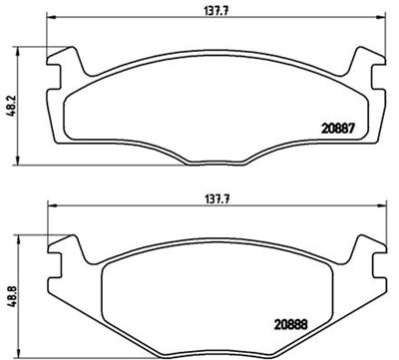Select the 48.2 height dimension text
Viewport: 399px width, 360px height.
(x=9, y=105)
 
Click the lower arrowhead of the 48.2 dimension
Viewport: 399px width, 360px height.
(x=23, y=161)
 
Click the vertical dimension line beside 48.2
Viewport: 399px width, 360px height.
(x=23, y=130)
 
